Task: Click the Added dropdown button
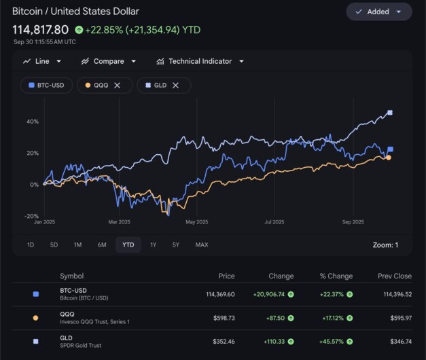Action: (x=378, y=12)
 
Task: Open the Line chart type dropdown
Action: (x=42, y=61)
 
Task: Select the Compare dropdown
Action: (x=108, y=61)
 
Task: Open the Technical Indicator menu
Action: (x=200, y=61)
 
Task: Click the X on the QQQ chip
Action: (x=118, y=85)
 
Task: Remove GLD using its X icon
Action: (x=175, y=85)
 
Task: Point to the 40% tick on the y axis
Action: (x=33, y=122)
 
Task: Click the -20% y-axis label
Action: (x=32, y=216)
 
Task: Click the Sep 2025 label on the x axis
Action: (x=353, y=221)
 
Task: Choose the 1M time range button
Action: (x=77, y=245)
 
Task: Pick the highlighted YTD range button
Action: (x=128, y=245)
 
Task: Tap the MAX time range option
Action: (x=202, y=245)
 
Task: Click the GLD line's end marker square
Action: (x=390, y=113)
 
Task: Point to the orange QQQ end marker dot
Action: (x=388, y=158)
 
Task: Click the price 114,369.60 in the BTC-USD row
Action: (x=215, y=294)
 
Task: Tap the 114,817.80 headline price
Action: (x=40, y=29)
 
